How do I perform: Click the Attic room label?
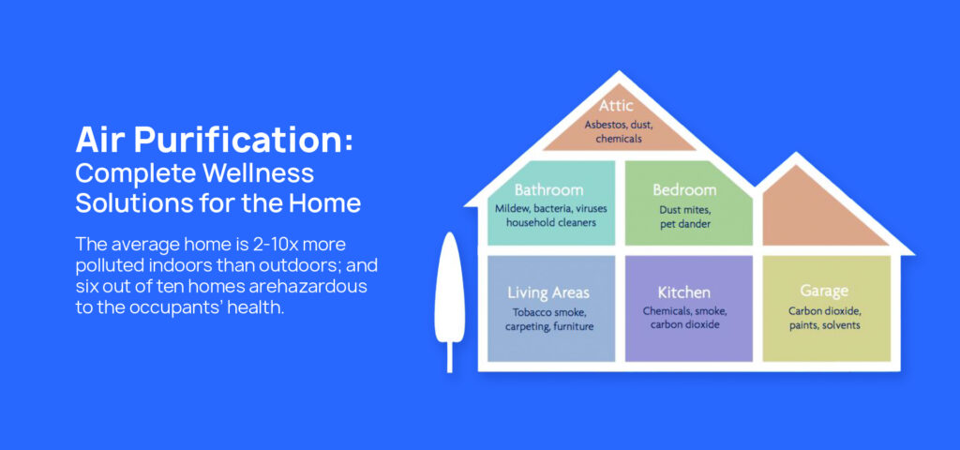click(616, 105)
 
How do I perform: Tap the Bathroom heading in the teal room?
click(548, 189)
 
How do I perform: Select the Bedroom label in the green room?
click(683, 189)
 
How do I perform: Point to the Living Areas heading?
click(547, 292)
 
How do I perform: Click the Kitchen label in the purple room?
click(683, 292)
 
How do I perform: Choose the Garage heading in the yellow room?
click(824, 291)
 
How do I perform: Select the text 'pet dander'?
click(685, 225)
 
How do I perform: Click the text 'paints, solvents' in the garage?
click(824, 325)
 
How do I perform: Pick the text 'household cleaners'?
click(551, 223)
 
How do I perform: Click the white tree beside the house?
click(449, 301)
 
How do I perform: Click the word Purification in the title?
click(244, 142)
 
